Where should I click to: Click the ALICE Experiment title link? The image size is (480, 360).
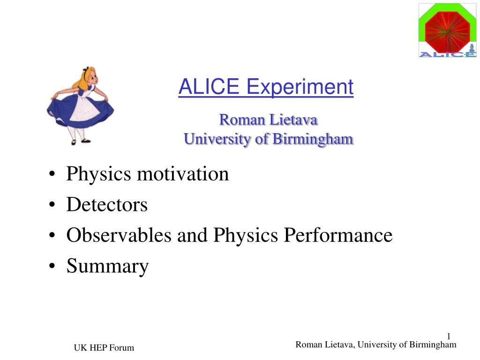point(266,87)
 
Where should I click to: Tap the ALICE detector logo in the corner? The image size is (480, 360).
point(447,30)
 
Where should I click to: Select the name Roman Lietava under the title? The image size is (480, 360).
point(269,120)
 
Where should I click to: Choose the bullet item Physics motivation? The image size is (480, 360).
point(147,174)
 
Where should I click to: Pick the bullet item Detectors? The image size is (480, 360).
point(107,204)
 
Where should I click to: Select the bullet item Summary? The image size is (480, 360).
point(107,266)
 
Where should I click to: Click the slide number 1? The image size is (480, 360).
point(449,336)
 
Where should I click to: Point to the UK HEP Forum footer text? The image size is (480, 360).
point(104,347)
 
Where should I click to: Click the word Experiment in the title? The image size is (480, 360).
point(300,87)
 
